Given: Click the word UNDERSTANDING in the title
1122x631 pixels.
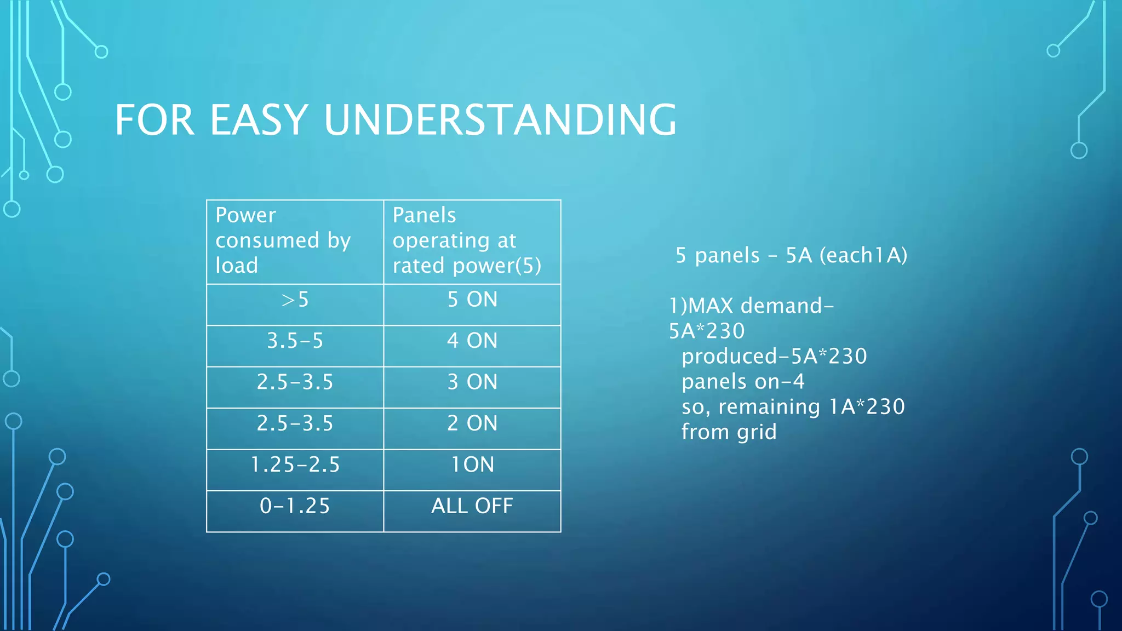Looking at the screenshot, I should [x=500, y=120].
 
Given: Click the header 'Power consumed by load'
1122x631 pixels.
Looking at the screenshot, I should [x=283, y=240].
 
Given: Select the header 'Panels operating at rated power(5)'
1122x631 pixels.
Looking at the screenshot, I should [x=467, y=240].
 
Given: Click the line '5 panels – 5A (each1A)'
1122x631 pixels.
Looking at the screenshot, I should [x=791, y=256].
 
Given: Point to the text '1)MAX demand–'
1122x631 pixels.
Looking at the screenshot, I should [x=751, y=306].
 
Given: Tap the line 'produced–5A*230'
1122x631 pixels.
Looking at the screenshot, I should [x=774, y=357].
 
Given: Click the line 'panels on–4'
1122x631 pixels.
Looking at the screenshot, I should [x=743, y=382].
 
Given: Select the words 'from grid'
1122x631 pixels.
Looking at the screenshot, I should [x=729, y=432].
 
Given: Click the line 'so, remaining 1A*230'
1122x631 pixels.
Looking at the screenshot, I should [x=793, y=407].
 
